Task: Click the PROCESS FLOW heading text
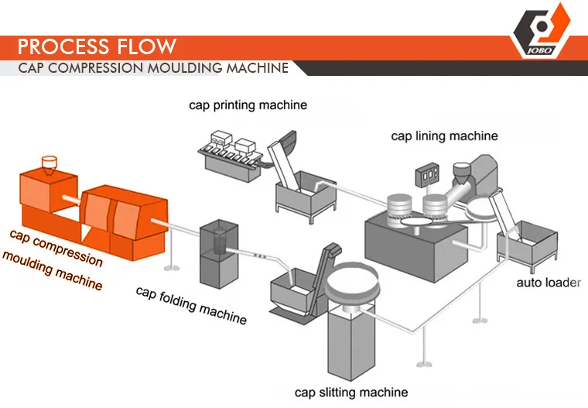pos(97,46)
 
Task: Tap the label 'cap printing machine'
pos(248,105)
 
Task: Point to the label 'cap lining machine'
pos(444,136)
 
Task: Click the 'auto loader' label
pos(548,283)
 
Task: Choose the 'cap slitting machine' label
pos(351,392)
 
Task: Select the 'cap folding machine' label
pos(191,303)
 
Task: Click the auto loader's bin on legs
pos(534,241)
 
